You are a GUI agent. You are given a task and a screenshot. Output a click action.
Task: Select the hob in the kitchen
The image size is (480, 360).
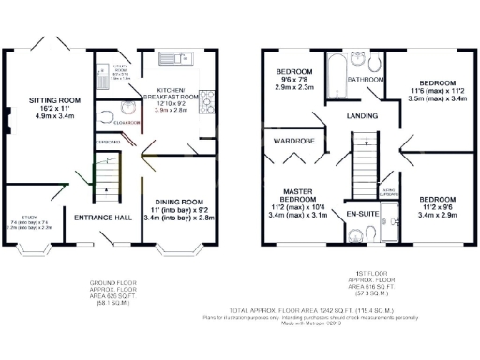pos(208,100)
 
